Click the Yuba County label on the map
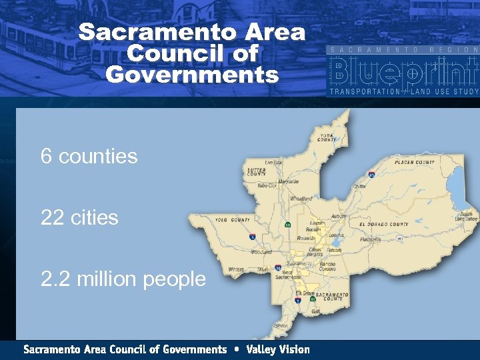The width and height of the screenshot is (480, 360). tap(327, 137)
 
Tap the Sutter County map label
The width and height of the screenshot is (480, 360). tap(257, 172)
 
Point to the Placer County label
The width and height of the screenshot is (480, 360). tap(415, 162)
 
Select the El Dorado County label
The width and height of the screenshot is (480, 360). tap(385, 224)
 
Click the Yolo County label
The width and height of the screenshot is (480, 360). tap(233, 219)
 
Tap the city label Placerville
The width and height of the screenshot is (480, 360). tap(370, 239)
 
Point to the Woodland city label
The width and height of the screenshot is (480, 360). tap(261, 253)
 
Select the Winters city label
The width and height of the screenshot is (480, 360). tap(237, 269)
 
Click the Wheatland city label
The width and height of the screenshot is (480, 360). tap(301, 199)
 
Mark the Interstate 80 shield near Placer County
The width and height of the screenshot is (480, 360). tap(371, 174)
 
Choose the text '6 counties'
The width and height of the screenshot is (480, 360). tap(89, 157)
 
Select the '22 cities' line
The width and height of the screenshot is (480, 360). tap(79, 218)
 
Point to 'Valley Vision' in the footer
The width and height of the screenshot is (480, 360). tap(278, 349)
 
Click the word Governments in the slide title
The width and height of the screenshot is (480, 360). tap(192, 74)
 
